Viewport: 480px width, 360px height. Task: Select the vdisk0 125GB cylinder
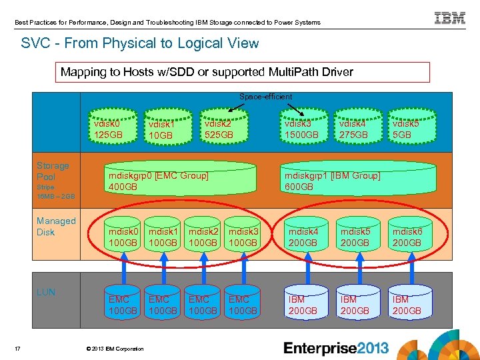pos(108,129)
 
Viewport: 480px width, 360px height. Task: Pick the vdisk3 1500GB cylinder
pos(301,129)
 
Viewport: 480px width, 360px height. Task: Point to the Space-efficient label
pos(265,97)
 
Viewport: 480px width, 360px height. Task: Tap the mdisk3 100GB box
pos(243,237)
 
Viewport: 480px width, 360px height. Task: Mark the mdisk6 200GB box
pos(407,237)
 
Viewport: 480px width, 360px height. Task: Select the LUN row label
pos(46,292)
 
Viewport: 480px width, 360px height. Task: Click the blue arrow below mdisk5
pos(354,271)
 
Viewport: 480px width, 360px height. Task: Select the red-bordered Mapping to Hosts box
pos(243,72)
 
